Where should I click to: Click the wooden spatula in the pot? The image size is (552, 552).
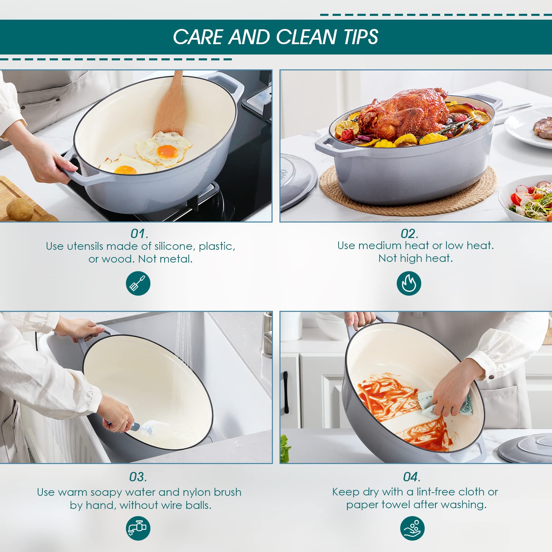pyautogui.click(x=169, y=103)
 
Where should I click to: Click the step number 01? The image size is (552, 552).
pyautogui.click(x=139, y=234)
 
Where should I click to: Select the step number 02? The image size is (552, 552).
pyautogui.click(x=410, y=234)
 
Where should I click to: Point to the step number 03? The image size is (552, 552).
pyautogui.click(x=138, y=477)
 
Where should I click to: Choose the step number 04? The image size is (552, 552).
pyautogui.click(x=412, y=477)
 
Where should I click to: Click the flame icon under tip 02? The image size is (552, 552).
pyautogui.click(x=409, y=283)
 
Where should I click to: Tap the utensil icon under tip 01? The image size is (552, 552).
pyautogui.click(x=138, y=283)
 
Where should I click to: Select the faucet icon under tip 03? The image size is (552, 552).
pyautogui.click(x=138, y=528)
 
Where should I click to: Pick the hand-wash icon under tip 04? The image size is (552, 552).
pyautogui.click(x=412, y=528)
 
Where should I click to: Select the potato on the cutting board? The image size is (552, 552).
pyautogui.click(x=20, y=209)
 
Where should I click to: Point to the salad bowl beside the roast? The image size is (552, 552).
pyautogui.click(x=526, y=198)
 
